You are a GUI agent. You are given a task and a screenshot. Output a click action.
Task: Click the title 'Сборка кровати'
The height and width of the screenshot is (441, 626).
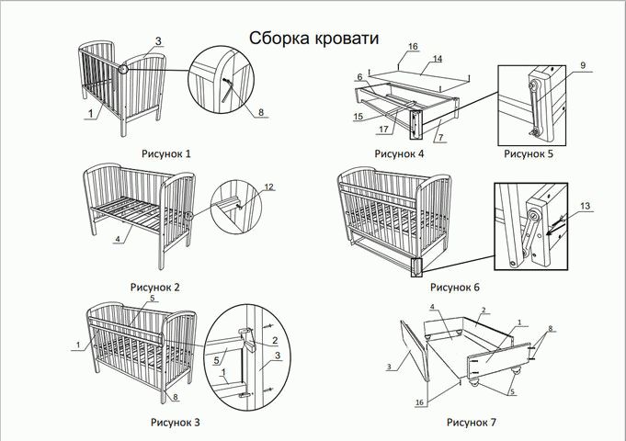click(x=313, y=37)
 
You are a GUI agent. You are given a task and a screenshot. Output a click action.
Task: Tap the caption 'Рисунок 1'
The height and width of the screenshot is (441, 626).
click(x=165, y=153)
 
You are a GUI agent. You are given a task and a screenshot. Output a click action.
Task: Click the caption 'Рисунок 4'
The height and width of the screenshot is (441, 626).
click(x=399, y=153)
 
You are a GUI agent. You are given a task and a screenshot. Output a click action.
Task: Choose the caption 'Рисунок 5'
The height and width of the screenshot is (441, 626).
click(x=530, y=153)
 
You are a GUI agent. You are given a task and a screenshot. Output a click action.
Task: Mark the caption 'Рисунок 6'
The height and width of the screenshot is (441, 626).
click(x=454, y=287)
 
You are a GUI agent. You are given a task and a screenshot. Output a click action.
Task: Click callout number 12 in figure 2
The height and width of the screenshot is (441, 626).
click(x=268, y=187)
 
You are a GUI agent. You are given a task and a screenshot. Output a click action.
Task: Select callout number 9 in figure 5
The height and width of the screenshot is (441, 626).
click(x=582, y=65)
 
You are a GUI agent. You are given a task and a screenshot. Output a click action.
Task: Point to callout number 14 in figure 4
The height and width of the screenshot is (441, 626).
click(x=438, y=59)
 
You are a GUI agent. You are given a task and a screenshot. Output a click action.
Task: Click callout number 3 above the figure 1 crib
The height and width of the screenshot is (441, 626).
click(x=158, y=41)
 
